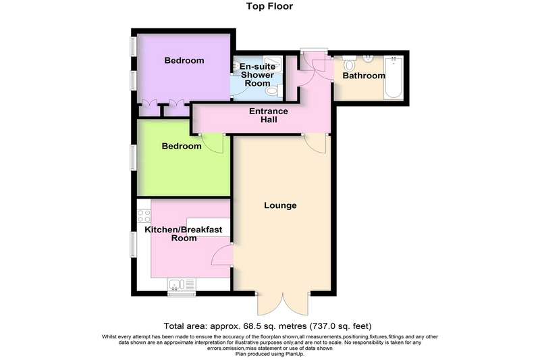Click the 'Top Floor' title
point(269,6)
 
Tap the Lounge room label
point(280,205)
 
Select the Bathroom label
point(364,76)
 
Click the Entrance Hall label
point(269,115)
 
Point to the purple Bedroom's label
point(184,60)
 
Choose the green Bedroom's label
point(182,146)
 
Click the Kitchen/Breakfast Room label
point(184,234)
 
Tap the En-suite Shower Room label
point(258,75)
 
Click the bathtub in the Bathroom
point(394,78)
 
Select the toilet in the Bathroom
point(350,63)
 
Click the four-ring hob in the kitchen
point(144,216)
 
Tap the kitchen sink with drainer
point(182,284)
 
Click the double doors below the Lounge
point(283,304)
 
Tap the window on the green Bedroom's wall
point(134,157)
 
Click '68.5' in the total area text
point(234,326)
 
